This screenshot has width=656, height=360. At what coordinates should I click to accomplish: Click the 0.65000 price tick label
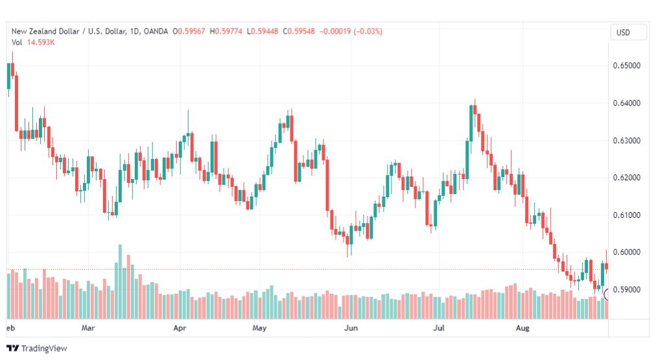pyautogui.click(x=626, y=66)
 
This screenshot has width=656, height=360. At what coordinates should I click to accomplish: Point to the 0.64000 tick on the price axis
pyautogui.click(x=626, y=103)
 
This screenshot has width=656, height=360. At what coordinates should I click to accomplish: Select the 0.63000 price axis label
pyautogui.click(x=626, y=141)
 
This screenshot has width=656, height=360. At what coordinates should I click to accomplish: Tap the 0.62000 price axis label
pyautogui.click(x=626, y=178)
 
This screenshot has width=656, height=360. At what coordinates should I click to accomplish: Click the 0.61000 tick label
pyautogui.click(x=626, y=215)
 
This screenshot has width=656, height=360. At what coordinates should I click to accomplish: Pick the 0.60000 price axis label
pyautogui.click(x=626, y=252)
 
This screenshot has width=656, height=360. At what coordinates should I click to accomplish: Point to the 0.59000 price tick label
pyautogui.click(x=626, y=290)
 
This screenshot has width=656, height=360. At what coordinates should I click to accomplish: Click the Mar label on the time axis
pyautogui.click(x=88, y=328)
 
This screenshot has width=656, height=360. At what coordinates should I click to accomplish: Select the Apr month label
pyautogui.click(x=180, y=328)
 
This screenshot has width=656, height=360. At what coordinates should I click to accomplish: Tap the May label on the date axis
pyautogui.click(x=259, y=328)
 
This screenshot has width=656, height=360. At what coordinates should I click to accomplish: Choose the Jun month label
pyautogui.click(x=351, y=328)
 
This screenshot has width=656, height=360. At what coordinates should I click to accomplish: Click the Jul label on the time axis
pyautogui.click(x=438, y=328)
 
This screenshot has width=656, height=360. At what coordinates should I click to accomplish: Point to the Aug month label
pyautogui.click(x=522, y=328)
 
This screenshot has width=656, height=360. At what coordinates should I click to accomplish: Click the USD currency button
pyautogui.click(x=623, y=32)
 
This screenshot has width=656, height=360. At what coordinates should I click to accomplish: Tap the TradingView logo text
pyautogui.click(x=44, y=348)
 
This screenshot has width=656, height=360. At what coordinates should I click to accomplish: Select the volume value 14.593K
pyautogui.click(x=41, y=42)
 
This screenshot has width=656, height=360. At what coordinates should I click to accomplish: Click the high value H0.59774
pyautogui.click(x=226, y=31)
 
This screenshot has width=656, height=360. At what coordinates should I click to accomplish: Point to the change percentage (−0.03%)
pyautogui.click(x=368, y=31)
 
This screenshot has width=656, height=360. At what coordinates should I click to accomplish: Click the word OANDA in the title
pyautogui.click(x=156, y=31)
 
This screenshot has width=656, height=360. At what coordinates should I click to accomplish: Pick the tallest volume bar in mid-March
pyautogui.click(x=120, y=282)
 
